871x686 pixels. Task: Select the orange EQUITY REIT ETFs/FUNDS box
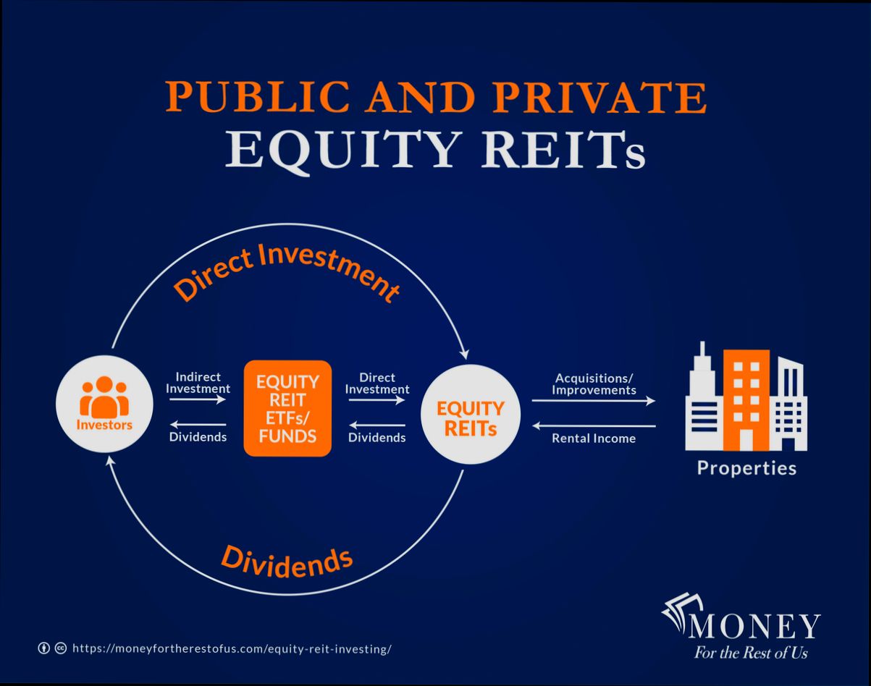(x=287, y=408)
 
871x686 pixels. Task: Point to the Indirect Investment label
(x=198, y=383)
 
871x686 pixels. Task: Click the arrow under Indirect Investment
(x=198, y=399)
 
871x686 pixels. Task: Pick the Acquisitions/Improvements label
(x=594, y=384)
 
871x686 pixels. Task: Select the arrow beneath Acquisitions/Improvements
(x=594, y=400)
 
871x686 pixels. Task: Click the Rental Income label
(x=594, y=438)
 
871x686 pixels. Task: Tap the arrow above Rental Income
(x=594, y=425)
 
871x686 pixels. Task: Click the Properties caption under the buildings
(x=746, y=468)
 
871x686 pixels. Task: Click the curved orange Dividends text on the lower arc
(x=287, y=562)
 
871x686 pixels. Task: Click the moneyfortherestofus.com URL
(x=232, y=648)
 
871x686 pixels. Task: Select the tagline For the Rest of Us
(x=751, y=653)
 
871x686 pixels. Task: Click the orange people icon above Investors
(x=104, y=397)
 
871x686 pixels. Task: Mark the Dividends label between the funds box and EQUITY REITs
(x=376, y=437)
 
